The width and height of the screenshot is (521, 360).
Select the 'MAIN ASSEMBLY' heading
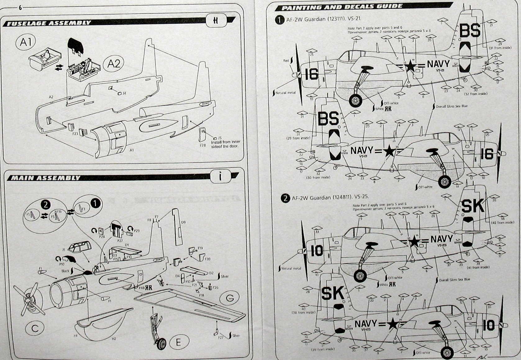click(46, 178)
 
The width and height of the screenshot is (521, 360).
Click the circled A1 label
click(26, 42)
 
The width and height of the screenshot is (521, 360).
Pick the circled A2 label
click(114, 64)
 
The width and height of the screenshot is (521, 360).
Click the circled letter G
click(230, 298)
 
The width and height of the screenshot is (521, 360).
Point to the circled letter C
click(35, 328)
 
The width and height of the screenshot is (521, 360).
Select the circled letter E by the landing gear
click(178, 342)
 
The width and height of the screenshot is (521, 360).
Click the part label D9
click(183, 222)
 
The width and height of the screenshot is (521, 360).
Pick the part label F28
click(202, 145)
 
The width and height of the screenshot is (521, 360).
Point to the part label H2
click(114, 339)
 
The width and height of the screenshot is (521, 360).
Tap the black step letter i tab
click(220, 177)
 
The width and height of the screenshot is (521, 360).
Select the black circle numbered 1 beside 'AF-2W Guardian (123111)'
click(280, 20)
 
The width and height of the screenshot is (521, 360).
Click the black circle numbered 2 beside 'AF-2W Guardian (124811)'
click(285, 198)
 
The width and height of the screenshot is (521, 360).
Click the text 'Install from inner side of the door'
click(225, 144)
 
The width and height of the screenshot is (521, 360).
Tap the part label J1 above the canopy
click(64, 249)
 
